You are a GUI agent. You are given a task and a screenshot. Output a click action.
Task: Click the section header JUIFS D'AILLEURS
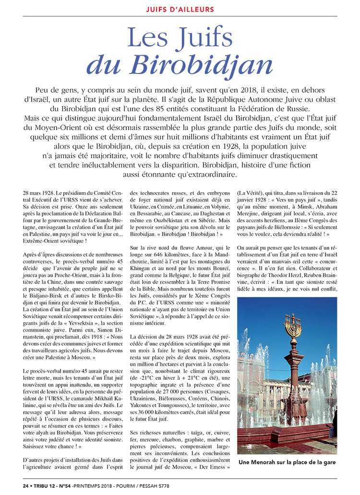point(180,10)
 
